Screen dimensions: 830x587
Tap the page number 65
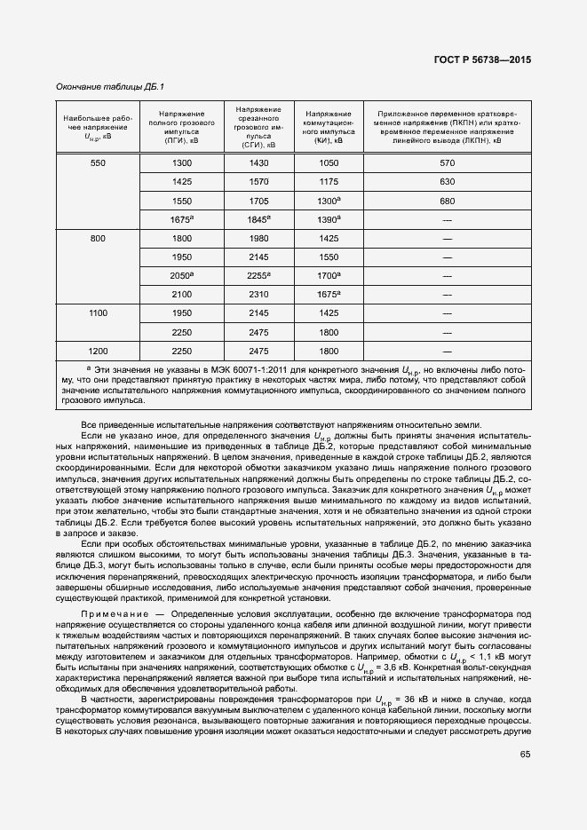pyautogui.click(x=526, y=755)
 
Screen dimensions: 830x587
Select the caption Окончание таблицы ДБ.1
pyautogui.click(x=110, y=86)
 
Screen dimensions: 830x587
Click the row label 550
pyautogui.click(x=98, y=162)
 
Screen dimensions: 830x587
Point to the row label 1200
pyautogui.click(x=98, y=351)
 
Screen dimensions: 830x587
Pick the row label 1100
pyautogui.click(x=98, y=313)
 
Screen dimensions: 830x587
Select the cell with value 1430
pyautogui.click(x=259, y=162)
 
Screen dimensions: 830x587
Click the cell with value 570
pyautogui.click(x=447, y=162)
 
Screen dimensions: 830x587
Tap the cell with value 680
pyautogui.click(x=447, y=201)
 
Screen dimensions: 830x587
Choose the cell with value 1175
pyautogui.click(x=329, y=182)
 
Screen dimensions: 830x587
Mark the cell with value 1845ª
pyautogui.click(x=259, y=219)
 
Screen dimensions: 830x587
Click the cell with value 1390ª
pyautogui.click(x=329, y=219)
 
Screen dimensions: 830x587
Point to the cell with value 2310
pyautogui.click(x=259, y=294)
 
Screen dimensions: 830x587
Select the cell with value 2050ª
pyautogui.click(x=182, y=275)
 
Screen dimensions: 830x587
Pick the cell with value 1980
pyautogui.click(x=259, y=238)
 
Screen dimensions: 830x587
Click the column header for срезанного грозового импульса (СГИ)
pyautogui.click(x=259, y=127)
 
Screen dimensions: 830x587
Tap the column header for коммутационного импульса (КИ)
pyautogui.click(x=329, y=127)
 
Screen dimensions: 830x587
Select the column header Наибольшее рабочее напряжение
pyautogui.click(x=98, y=127)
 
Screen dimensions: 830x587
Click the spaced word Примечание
pyautogui.click(x=113, y=614)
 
